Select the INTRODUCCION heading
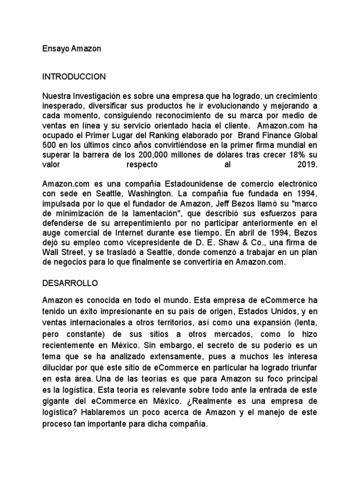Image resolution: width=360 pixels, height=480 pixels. coord(74,76)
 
